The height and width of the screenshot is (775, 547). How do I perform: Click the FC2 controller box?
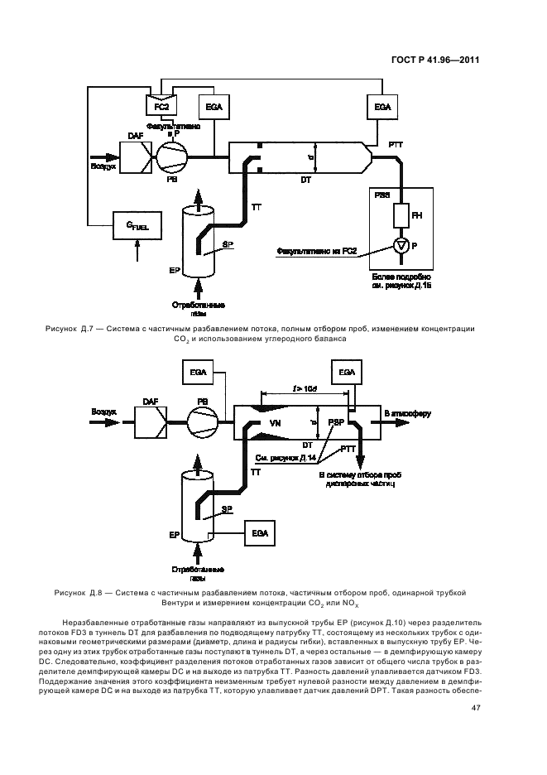click(x=160, y=107)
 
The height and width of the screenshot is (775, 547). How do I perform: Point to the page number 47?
click(x=476, y=707)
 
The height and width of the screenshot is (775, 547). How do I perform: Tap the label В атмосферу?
click(x=406, y=412)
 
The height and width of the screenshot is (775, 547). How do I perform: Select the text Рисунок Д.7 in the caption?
click(x=86, y=329)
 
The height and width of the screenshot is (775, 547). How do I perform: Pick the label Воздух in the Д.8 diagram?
click(x=104, y=411)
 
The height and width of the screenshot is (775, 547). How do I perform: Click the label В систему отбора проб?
click(x=357, y=476)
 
